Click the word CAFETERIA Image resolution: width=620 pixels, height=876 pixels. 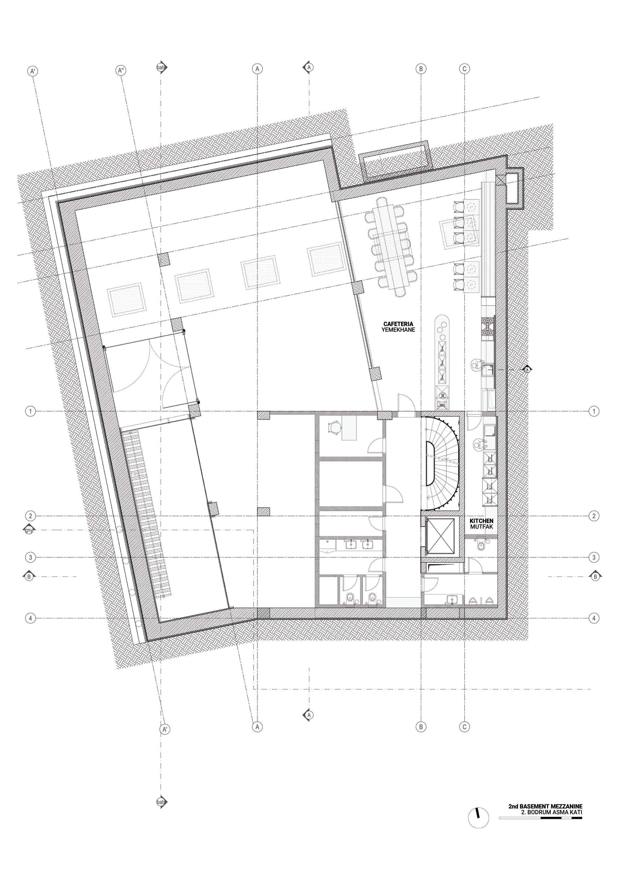pos(398,324)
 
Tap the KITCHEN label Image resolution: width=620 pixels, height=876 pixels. pos(481,520)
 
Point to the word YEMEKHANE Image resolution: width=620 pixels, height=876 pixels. pos(398,330)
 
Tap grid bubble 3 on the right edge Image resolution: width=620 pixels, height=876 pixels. pos(594,558)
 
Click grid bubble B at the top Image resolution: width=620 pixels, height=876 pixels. pos(421,69)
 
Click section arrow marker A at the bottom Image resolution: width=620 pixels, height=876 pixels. pos(308,714)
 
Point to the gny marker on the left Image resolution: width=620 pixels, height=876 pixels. pos(29,530)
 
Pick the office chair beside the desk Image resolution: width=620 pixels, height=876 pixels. pos(334,427)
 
